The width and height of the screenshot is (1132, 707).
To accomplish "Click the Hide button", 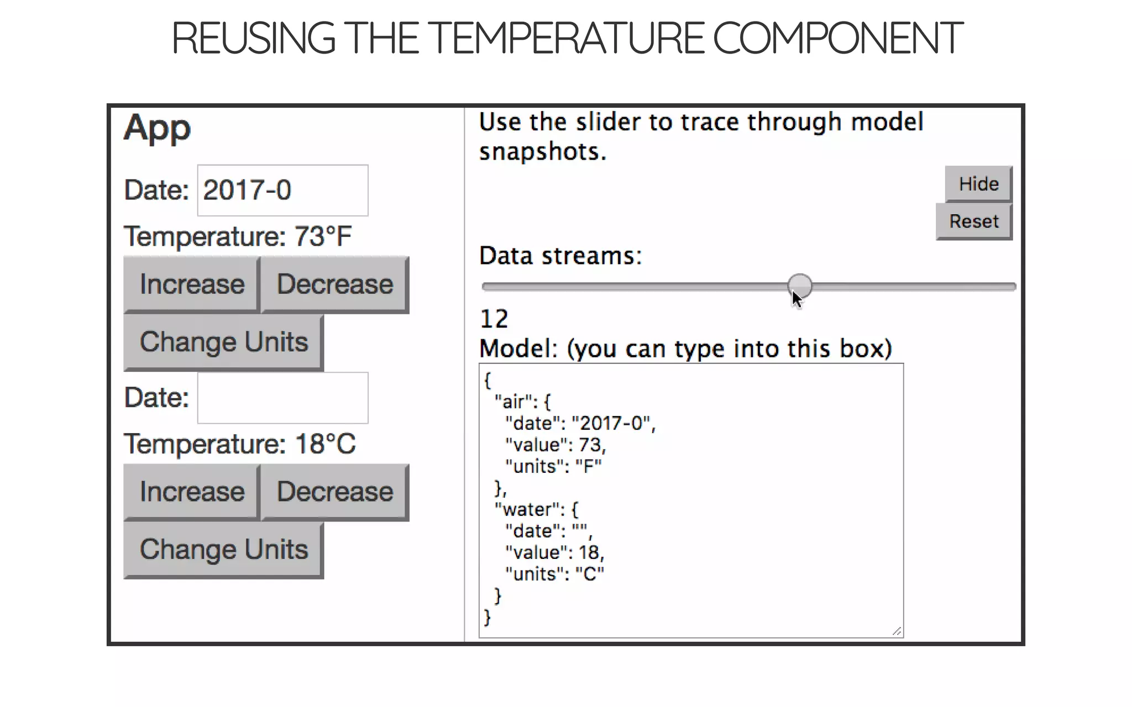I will tap(978, 184).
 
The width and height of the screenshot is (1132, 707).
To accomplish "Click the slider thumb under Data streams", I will tap(799, 286).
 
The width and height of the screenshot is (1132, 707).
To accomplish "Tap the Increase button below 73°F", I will tap(191, 284).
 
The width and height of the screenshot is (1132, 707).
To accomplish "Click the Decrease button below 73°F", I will tap(334, 284).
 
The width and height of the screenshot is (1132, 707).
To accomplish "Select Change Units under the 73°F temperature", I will tap(223, 342).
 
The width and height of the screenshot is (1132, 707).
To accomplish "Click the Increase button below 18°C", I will tap(191, 492).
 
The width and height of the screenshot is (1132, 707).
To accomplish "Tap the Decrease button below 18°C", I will tap(334, 492).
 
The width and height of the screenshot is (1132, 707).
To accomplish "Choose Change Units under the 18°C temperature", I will tap(223, 550).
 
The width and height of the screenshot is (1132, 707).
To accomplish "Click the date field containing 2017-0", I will tap(282, 191).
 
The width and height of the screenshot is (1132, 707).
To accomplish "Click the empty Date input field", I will tap(282, 398).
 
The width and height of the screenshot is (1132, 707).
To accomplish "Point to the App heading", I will tap(158, 128).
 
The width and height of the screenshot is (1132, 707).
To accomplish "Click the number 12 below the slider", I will tap(494, 319).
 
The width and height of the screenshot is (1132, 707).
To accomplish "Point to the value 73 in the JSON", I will tap(590, 445).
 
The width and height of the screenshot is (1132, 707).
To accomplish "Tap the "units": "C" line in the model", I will tap(554, 574).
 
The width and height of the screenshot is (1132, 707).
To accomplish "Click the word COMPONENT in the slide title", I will tap(837, 39).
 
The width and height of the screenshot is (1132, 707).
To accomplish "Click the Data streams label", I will tap(560, 256).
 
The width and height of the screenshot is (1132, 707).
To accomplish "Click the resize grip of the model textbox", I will tap(897, 631).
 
